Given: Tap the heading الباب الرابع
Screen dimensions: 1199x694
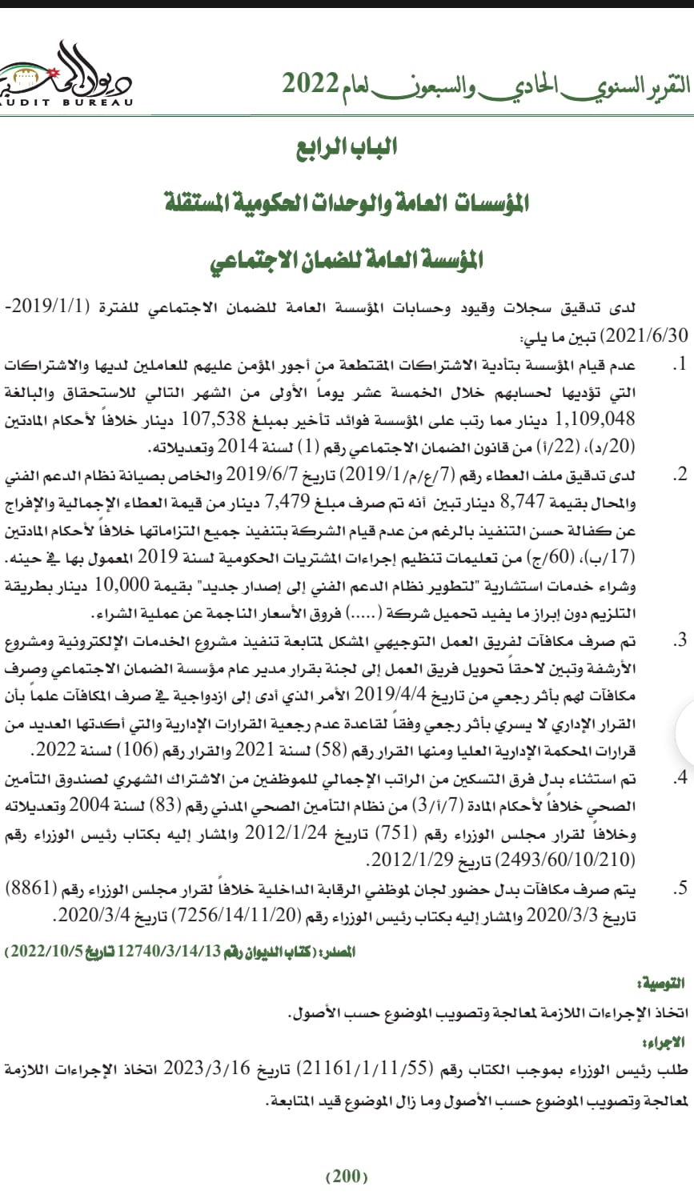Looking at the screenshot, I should tap(346, 147).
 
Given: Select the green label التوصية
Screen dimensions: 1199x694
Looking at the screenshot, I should tap(664, 983).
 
